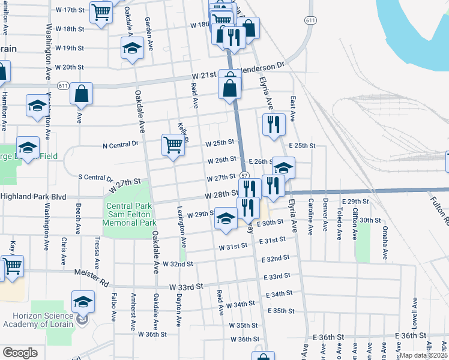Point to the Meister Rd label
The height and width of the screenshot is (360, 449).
pos(94,273)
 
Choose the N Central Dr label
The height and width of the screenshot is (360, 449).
pos(121,144)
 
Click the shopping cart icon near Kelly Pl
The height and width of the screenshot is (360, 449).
pos(173,145)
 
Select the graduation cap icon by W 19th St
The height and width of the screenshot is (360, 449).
pos(132,49)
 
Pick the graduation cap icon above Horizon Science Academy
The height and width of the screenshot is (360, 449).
pos(83,302)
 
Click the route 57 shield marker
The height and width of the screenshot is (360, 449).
pos(244,175)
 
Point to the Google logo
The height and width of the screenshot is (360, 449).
pos(20,353)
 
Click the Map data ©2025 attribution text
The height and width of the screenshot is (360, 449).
pos(424,355)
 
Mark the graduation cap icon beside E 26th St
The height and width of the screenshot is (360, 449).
pos(284,167)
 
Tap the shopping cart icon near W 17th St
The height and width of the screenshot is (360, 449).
pos(101,12)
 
